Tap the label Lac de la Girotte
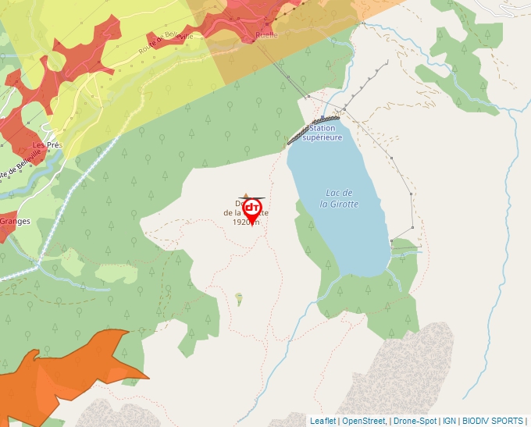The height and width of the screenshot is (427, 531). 339,198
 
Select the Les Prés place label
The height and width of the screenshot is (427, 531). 47,145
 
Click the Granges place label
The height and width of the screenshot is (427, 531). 15,221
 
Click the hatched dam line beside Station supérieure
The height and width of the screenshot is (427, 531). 298,136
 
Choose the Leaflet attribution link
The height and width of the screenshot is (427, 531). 323,421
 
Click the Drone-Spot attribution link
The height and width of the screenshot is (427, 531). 415,421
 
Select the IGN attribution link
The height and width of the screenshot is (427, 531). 449,421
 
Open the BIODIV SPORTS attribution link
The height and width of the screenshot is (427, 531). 493,421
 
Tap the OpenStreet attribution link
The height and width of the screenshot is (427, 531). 364,421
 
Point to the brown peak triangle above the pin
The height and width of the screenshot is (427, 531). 247,197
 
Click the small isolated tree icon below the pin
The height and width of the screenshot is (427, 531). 239,297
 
